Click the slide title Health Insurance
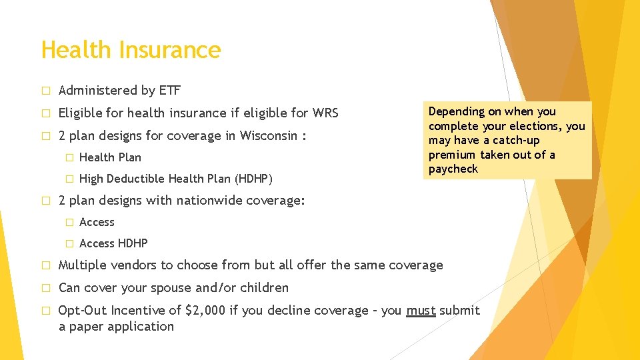131,50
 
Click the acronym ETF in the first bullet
169,90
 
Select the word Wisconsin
263,135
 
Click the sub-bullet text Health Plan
110,157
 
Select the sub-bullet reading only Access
97,222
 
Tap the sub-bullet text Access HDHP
113,243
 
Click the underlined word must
421,310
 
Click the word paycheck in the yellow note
453,169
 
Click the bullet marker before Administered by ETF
45,91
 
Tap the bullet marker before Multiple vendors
45,265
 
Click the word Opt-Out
82,310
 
